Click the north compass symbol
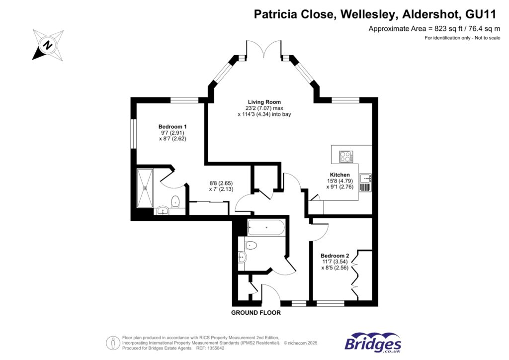click(x=48, y=45)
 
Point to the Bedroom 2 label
click(x=335, y=256)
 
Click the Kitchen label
click(x=340, y=175)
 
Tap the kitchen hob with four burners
click(x=344, y=157)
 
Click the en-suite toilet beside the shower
click(x=175, y=202)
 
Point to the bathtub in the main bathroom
click(x=266, y=228)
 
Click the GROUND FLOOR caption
click(x=255, y=313)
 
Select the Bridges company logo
click(x=373, y=343)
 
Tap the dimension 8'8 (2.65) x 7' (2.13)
click(x=221, y=186)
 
